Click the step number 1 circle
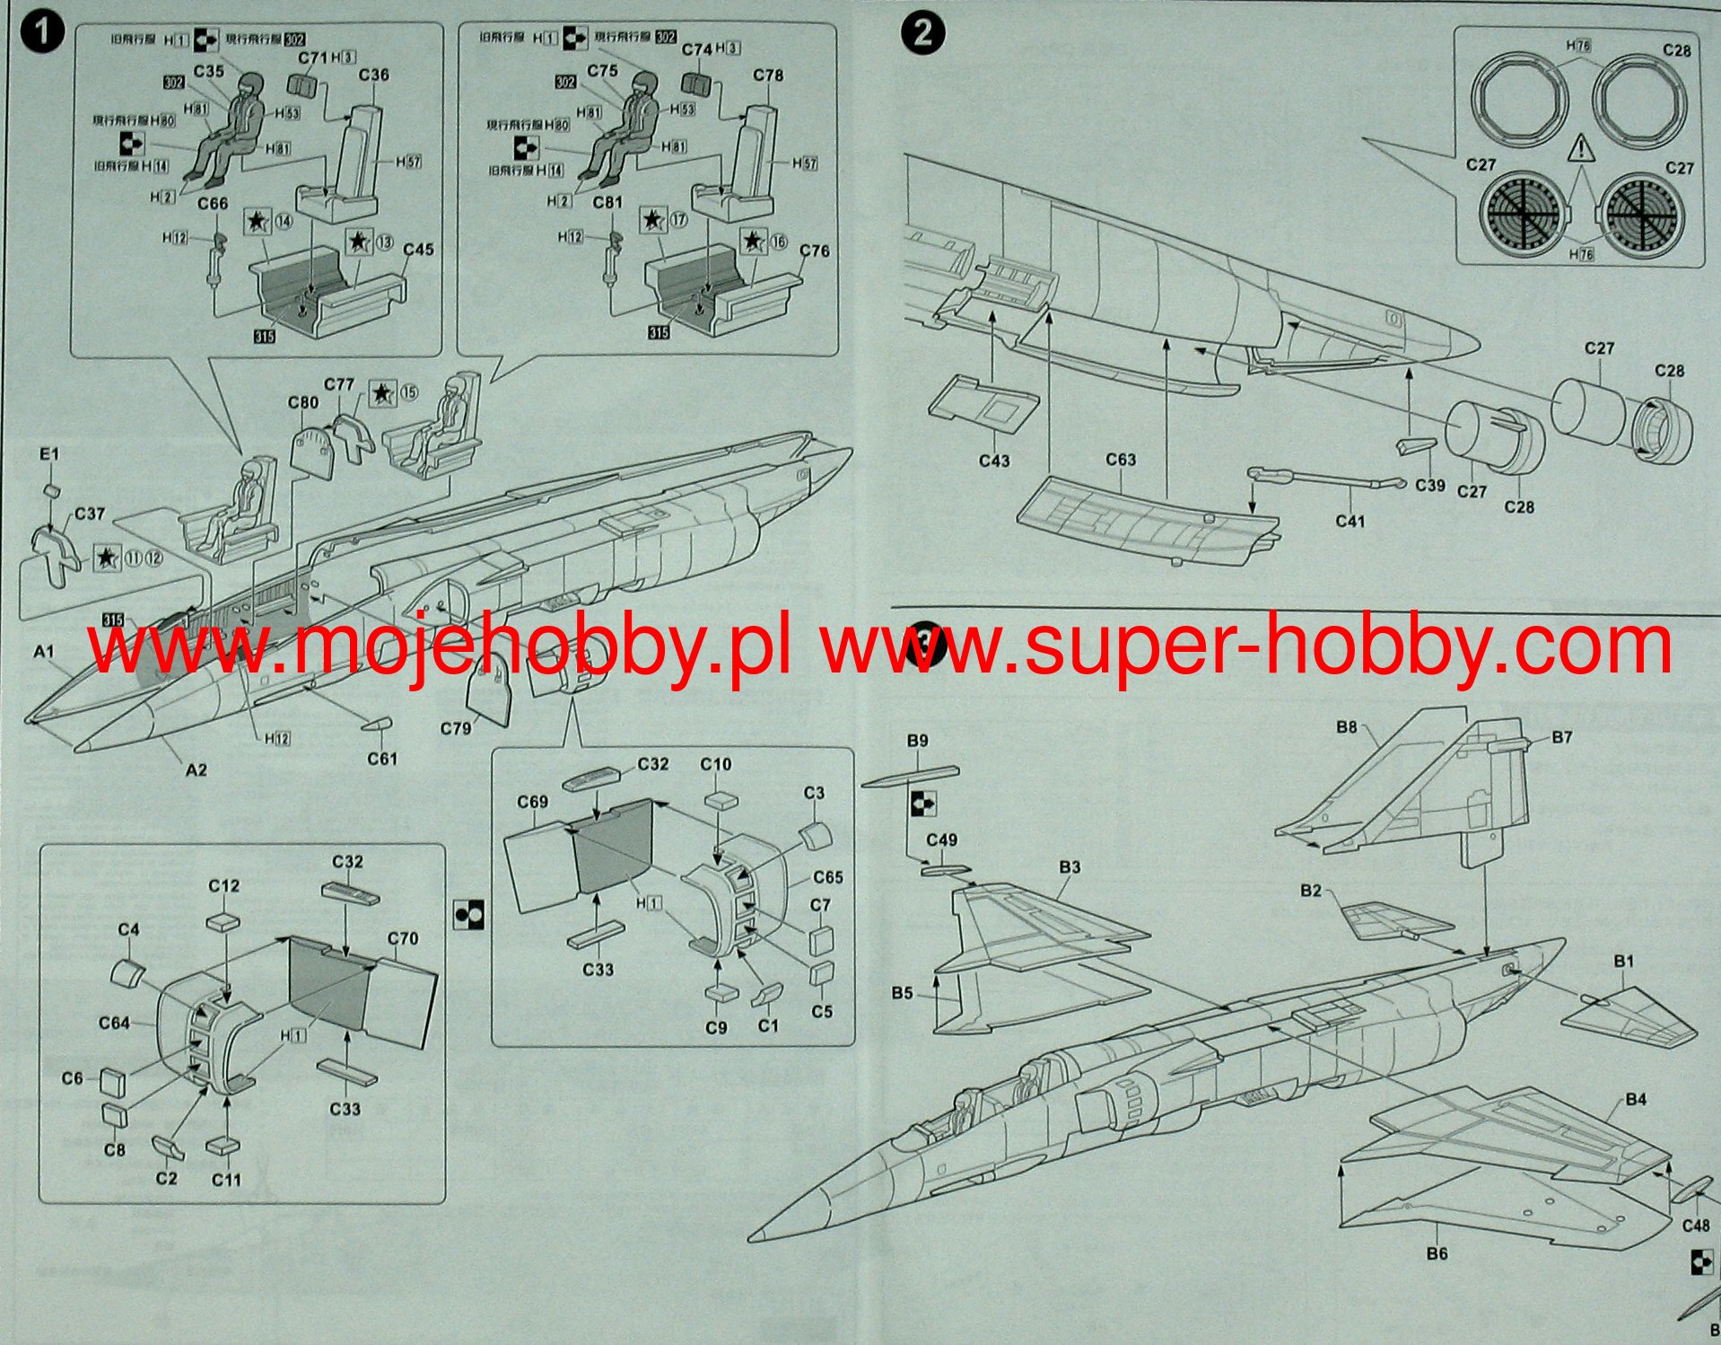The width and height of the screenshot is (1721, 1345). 42,34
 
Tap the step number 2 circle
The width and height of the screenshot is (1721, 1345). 923,35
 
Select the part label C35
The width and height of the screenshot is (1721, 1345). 208,71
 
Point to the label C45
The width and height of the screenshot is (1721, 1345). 418,249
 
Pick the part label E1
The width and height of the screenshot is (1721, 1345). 48,454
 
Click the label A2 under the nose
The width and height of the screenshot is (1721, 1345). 196,769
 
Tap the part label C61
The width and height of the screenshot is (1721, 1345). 381,759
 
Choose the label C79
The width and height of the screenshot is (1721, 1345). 456,728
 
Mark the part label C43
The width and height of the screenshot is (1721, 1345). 994,461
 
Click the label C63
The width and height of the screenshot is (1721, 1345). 1121,460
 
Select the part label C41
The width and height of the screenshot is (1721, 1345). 1350,521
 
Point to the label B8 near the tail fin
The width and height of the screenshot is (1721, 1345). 1346,727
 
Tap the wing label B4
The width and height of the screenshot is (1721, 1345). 1635,1099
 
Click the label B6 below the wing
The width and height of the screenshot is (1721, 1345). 1437,1253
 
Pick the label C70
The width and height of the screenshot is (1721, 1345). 403,938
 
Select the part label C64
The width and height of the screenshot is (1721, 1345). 114,1022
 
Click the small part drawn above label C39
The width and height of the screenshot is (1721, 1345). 1416,446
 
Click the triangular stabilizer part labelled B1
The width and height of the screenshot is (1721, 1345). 1629,1018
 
